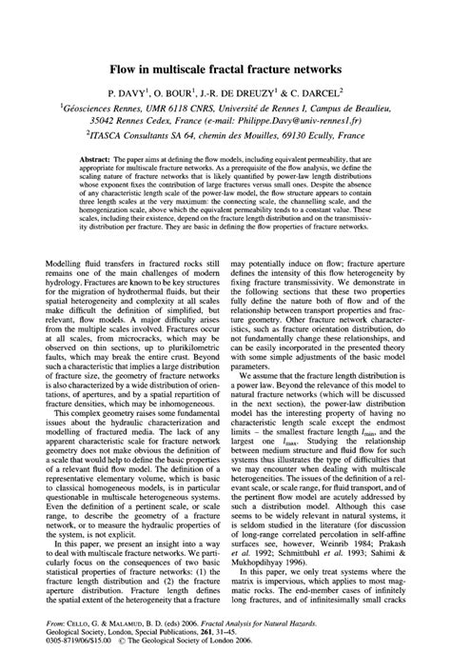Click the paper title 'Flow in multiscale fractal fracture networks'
coord(225,69)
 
